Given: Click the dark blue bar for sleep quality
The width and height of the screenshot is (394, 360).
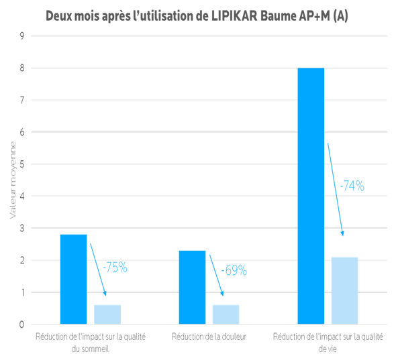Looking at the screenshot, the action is pyautogui.click(x=73, y=279).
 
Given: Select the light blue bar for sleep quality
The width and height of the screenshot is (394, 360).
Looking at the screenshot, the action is pyautogui.click(x=107, y=314).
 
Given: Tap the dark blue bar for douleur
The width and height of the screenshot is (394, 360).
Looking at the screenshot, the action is pyautogui.click(x=192, y=287).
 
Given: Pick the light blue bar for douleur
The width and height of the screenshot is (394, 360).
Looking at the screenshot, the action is pyautogui.click(x=226, y=314).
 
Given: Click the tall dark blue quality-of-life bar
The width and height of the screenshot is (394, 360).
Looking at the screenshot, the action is pyautogui.click(x=311, y=196).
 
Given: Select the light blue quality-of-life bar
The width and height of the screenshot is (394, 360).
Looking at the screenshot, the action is pyautogui.click(x=344, y=290).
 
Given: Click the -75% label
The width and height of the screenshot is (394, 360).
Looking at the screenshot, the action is pyautogui.click(x=115, y=267).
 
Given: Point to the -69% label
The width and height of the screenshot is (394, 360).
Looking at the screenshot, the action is pyautogui.click(x=234, y=270).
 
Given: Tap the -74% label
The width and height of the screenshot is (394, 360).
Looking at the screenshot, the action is pyautogui.click(x=352, y=186).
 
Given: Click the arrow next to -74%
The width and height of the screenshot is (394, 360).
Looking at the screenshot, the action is pyautogui.click(x=335, y=189).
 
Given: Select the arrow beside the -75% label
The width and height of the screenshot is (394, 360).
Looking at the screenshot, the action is pyautogui.click(x=98, y=269).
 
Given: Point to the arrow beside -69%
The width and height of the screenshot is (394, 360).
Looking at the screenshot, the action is pyautogui.click(x=216, y=276).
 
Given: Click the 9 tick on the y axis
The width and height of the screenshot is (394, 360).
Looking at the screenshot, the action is pyautogui.click(x=22, y=36).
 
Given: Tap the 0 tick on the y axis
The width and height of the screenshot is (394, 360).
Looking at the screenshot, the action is pyautogui.click(x=22, y=324).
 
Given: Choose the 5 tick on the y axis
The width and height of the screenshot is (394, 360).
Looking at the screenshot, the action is pyautogui.click(x=22, y=164).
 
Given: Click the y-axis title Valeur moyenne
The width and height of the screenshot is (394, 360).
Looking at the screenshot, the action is pyautogui.click(x=13, y=180).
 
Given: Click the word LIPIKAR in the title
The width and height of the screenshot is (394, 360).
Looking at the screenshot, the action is pyautogui.click(x=234, y=16).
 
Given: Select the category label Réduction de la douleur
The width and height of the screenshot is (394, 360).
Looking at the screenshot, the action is pyautogui.click(x=209, y=337).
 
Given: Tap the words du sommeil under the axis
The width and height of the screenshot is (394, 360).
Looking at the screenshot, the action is pyautogui.click(x=90, y=349).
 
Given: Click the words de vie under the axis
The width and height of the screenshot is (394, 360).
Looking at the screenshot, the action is pyautogui.click(x=328, y=349).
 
